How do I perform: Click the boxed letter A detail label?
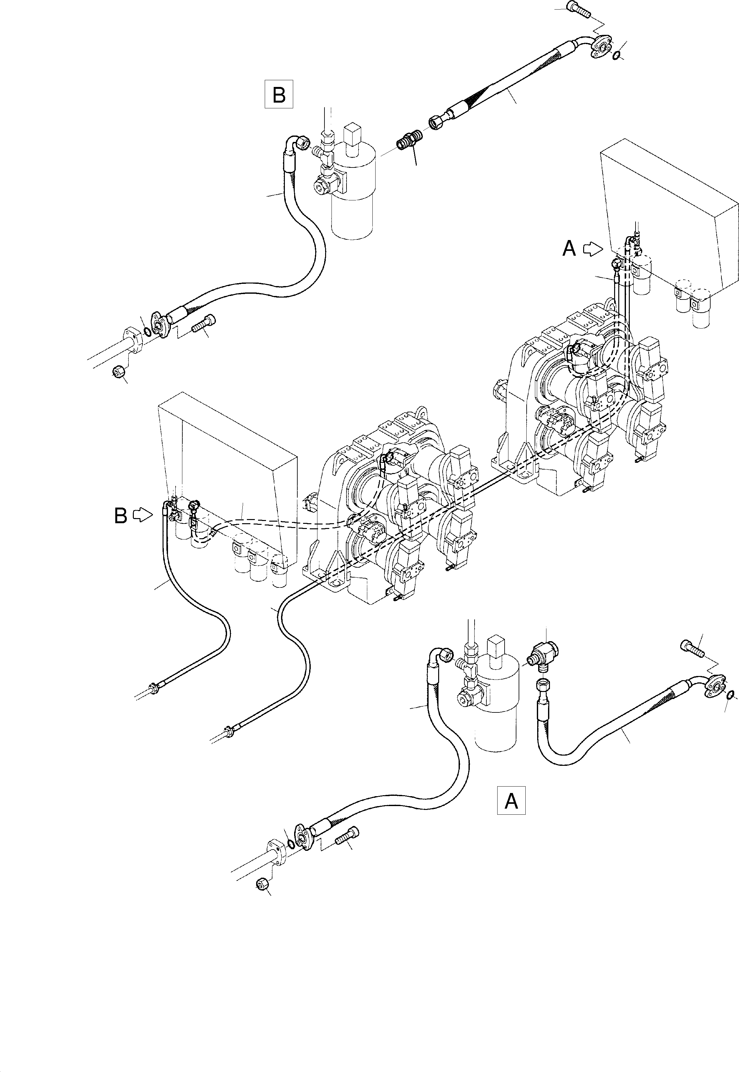[x=511, y=800]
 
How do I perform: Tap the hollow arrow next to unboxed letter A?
[x=592, y=249]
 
